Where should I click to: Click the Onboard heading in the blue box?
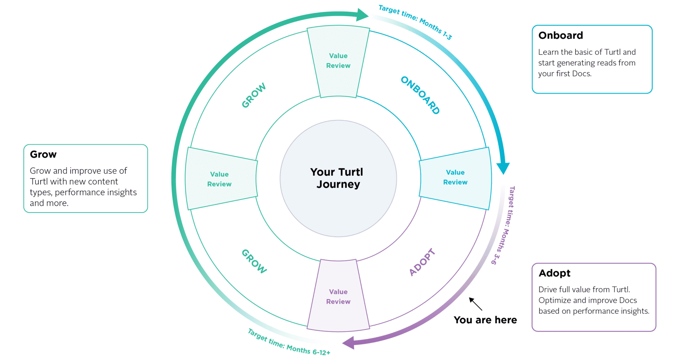click(560, 35)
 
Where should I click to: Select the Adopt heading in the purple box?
click(554, 273)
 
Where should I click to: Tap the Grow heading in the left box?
click(43, 154)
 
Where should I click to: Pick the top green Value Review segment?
click(338, 61)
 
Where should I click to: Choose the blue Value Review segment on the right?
click(455, 177)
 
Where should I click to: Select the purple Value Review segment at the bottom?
click(338, 297)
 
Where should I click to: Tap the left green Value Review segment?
click(219, 179)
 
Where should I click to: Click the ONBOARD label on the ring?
click(420, 95)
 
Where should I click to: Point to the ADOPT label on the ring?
click(422, 262)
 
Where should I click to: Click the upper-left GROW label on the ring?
click(254, 95)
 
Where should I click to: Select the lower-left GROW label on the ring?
click(254, 261)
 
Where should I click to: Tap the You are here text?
click(485, 320)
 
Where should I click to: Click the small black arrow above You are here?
click(476, 304)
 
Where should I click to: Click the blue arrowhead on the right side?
click(503, 168)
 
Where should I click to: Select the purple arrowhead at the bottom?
click(349, 343)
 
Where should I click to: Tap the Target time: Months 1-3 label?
click(415, 22)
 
